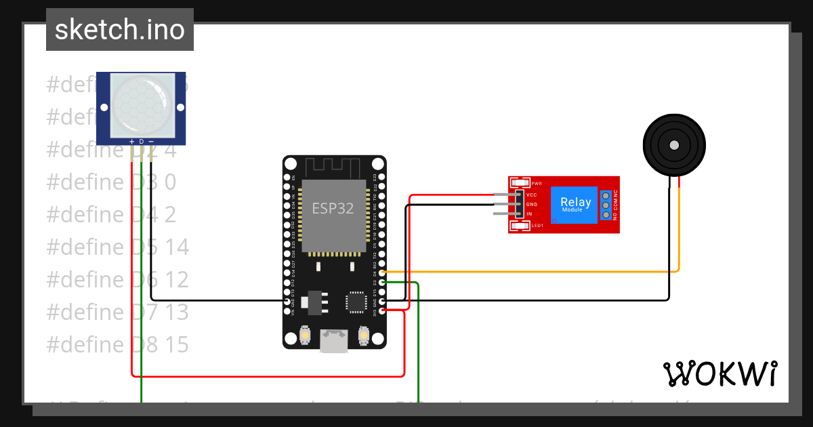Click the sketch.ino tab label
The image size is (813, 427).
click(x=120, y=30)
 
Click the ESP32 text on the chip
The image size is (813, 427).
click(x=333, y=209)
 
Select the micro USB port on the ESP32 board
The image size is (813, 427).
click(x=334, y=340)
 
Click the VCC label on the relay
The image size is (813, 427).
click(x=532, y=195)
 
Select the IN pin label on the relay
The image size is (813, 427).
click(x=530, y=214)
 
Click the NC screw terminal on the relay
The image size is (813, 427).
click(x=605, y=195)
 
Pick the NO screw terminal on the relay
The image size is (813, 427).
click(x=605, y=215)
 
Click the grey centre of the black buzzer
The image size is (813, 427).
click(x=674, y=145)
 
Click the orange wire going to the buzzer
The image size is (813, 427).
click(x=542, y=272)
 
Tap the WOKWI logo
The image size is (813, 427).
click(x=720, y=373)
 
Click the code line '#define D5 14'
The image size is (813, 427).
click(x=118, y=247)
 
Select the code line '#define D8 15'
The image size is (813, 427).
click(x=118, y=344)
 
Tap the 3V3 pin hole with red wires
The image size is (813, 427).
click(x=383, y=310)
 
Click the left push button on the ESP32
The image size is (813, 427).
click(x=306, y=334)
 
